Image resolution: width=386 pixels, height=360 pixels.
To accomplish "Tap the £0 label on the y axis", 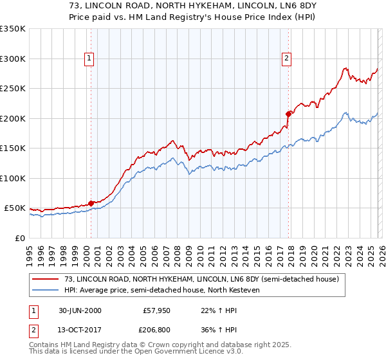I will click(x=19, y=238).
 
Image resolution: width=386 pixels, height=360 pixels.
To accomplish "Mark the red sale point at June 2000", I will click(x=91, y=203).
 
